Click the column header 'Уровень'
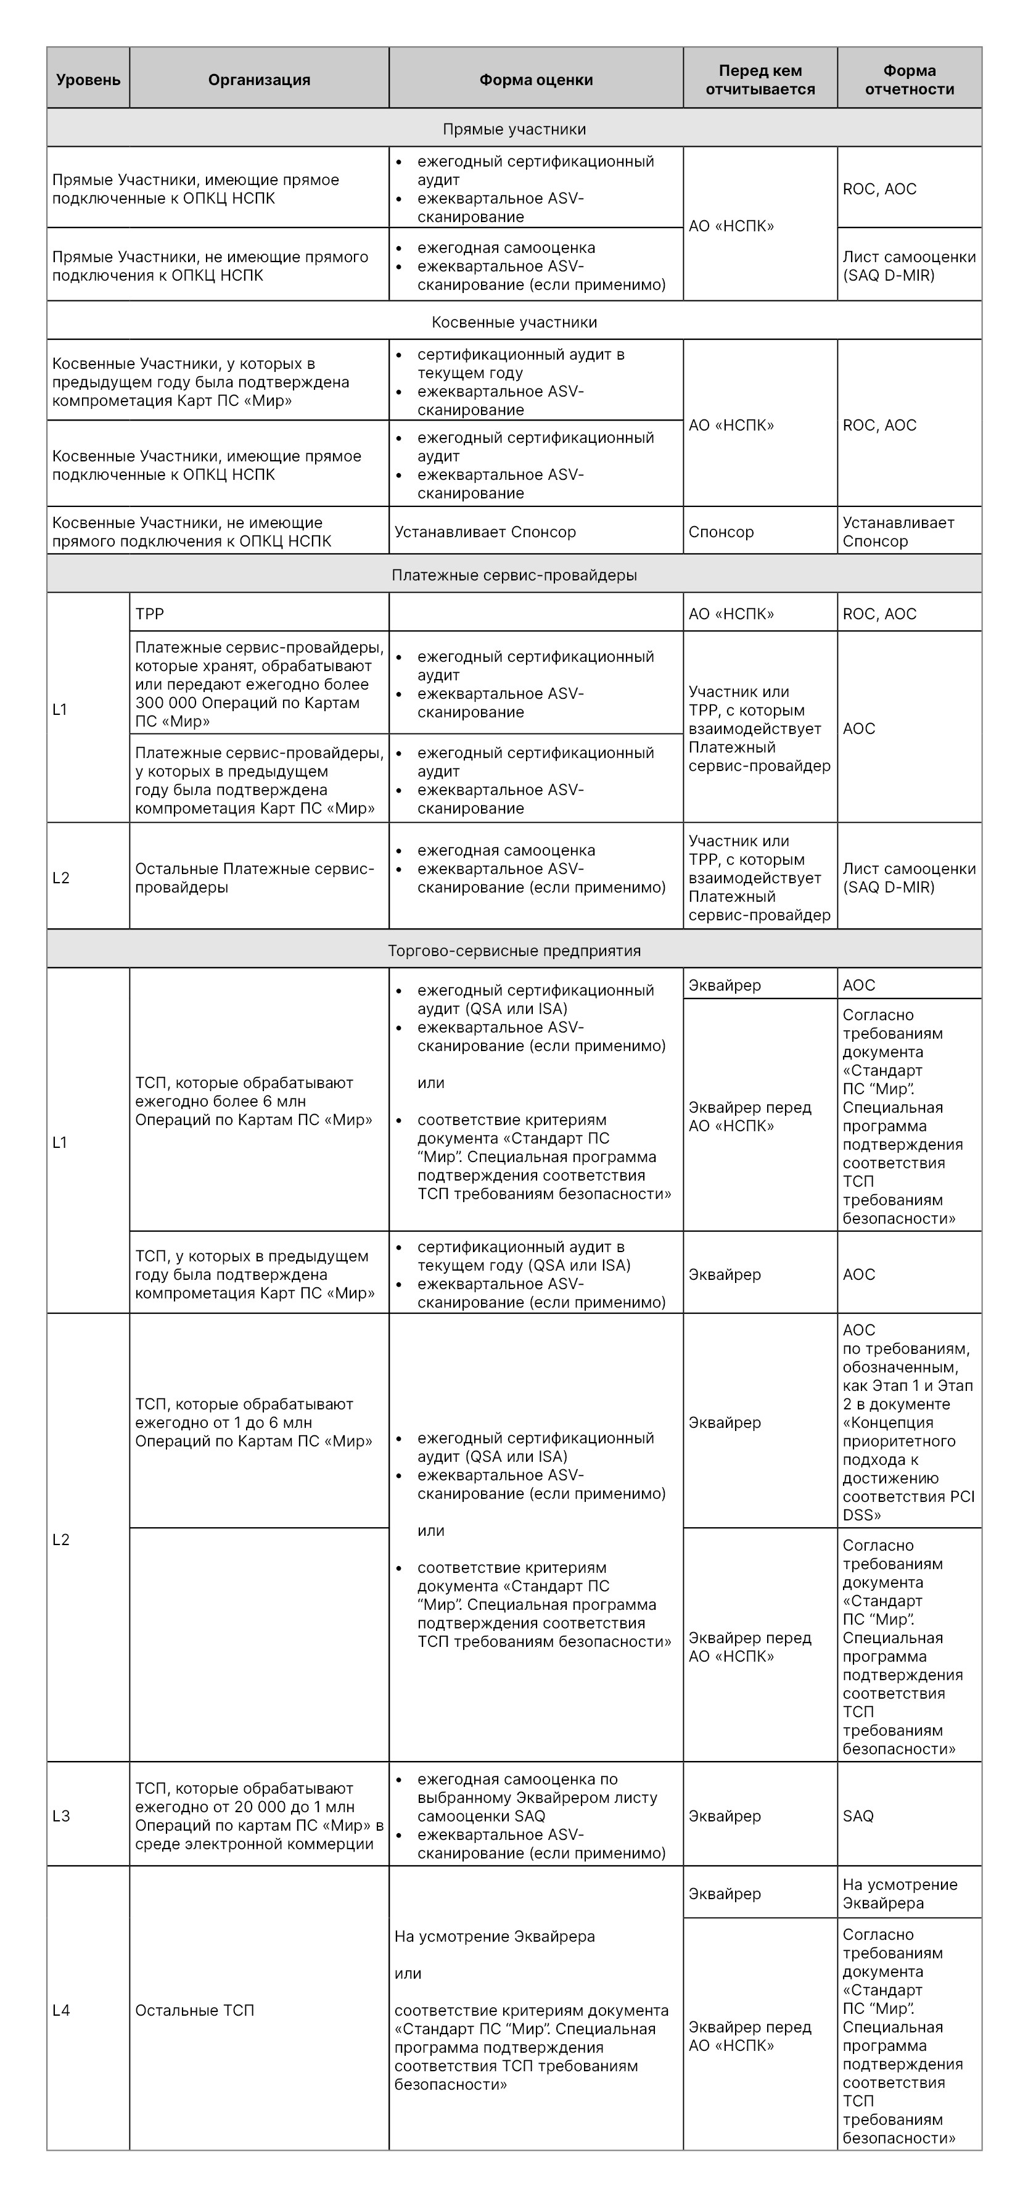click(x=88, y=80)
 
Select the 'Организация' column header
click(x=259, y=80)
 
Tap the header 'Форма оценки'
click(x=535, y=80)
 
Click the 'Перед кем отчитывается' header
click(x=760, y=80)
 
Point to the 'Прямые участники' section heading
click(x=514, y=130)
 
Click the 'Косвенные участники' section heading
click(x=514, y=323)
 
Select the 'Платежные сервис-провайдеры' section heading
click(x=514, y=575)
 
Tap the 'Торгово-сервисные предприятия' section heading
click(x=514, y=950)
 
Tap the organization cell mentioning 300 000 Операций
click(x=259, y=684)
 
